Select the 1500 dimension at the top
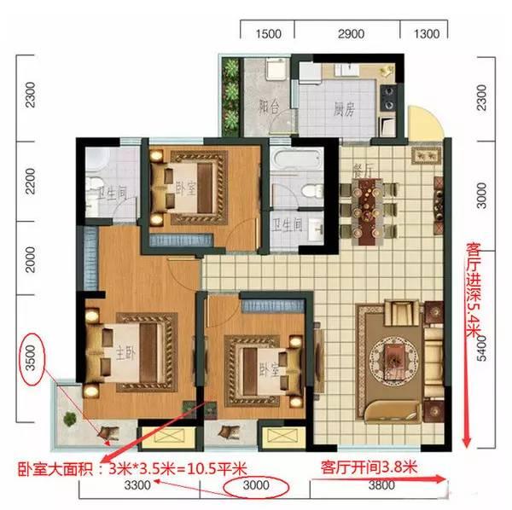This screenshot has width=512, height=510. pyautogui.click(x=269, y=34)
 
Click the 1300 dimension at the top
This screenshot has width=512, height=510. pyautogui.click(x=426, y=34)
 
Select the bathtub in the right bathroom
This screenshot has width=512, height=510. pyautogui.click(x=294, y=161)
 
